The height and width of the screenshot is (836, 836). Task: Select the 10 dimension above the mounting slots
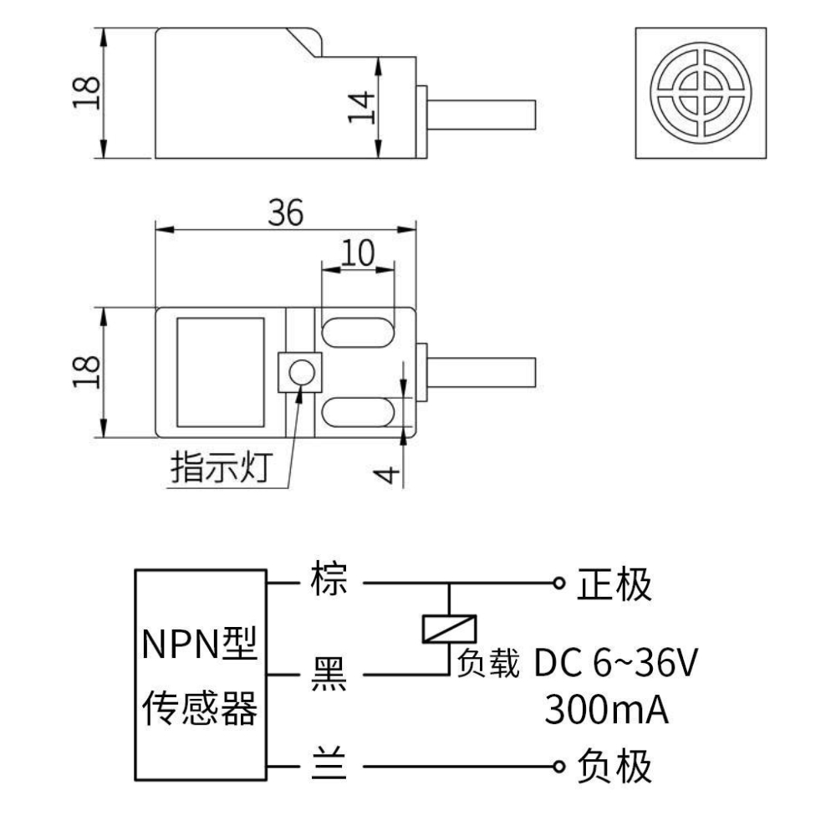click(x=357, y=253)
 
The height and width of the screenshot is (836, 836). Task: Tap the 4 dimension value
click(x=385, y=475)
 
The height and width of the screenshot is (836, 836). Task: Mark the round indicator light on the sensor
click(x=299, y=372)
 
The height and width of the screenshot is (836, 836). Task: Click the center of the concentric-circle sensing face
click(x=701, y=93)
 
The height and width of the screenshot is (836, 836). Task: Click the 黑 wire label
click(x=328, y=674)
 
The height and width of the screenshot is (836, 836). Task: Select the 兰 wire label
click(x=328, y=766)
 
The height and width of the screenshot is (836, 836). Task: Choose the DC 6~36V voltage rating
click(x=614, y=665)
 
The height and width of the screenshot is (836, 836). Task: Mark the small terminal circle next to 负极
click(x=558, y=766)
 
